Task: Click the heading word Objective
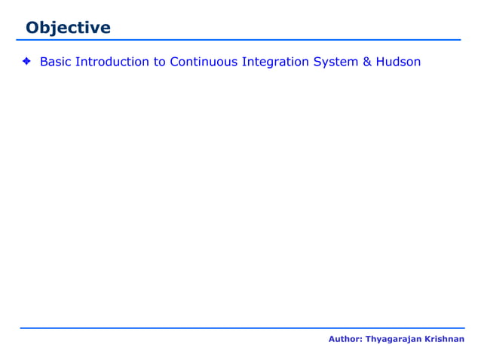click(68, 28)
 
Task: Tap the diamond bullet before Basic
click(26, 62)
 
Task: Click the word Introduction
click(112, 62)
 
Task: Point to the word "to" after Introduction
click(160, 62)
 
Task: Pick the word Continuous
click(204, 62)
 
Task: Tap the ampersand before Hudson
click(368, 62)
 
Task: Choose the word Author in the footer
click(344, 340)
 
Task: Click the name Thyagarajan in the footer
click(394, 340)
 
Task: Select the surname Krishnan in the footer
click(445, 340)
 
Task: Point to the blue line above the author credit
click(241, 328)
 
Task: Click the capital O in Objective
click(32, 28)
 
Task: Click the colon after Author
click(360, 340)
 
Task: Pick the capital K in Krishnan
click(428, 340)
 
